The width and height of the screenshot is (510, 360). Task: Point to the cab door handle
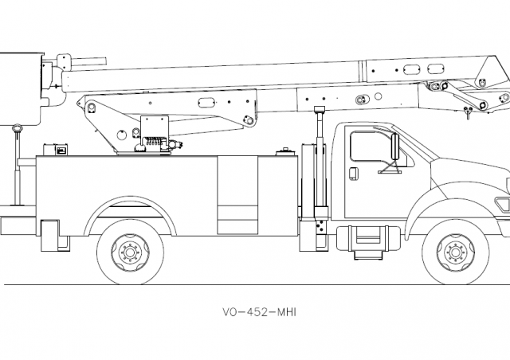click(x=354, y=172)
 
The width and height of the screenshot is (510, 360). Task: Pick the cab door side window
click(x=371, y=149)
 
